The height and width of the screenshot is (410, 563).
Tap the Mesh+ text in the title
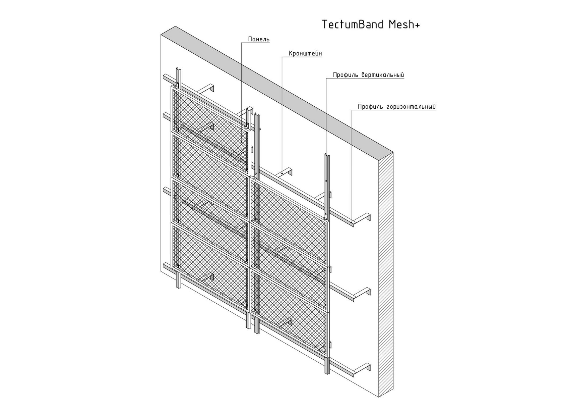[404, 24]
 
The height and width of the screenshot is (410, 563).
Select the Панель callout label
[259, 39]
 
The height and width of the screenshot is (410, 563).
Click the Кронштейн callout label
[305, 53]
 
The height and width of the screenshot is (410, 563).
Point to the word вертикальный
[383, 75]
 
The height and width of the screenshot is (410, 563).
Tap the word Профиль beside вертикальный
[346, 75]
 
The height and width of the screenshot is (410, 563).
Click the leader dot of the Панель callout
[241, 142]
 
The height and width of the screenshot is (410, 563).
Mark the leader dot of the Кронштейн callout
[282, 173]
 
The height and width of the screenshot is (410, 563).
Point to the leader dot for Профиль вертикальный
[326, 181]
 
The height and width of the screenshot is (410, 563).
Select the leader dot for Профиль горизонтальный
[351, 222]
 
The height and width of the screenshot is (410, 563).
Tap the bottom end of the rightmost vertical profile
[327, 371]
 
